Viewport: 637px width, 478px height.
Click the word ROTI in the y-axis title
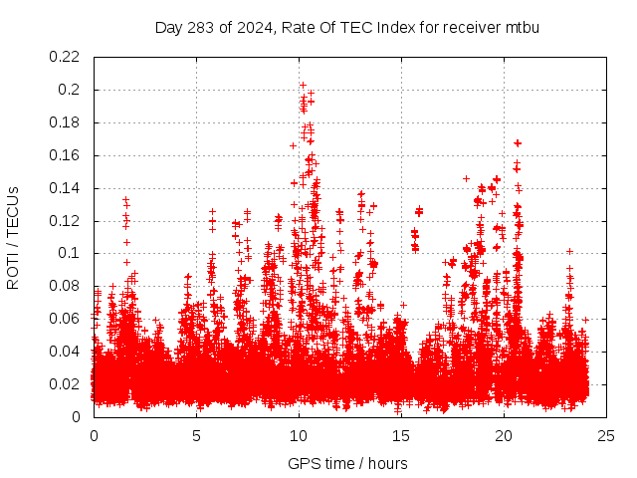tap(13, 271)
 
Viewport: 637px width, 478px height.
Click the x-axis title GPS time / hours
tap(347, 463)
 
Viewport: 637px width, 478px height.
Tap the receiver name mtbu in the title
tap(521, 27)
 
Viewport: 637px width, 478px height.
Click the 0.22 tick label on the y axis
tap(67, 57)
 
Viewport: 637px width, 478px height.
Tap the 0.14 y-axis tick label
tap(67, 188)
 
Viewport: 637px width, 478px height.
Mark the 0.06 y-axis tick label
tap(67, 319)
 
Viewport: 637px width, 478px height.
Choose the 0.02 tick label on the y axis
tap(67, 384)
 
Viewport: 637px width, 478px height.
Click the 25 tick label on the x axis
tap(606, 435)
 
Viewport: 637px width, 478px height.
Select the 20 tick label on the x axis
tap(504, 435)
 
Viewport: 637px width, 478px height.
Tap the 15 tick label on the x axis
tap(401, 435)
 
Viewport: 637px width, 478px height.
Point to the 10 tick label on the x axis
tap(299, 435)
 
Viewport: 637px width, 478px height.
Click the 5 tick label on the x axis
tap(196, 435)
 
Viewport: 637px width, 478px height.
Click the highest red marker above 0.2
tap(303, 85)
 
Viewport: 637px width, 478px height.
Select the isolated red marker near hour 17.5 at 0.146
tap(466, 178)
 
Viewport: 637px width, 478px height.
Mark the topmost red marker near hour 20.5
tap(518, 143)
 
